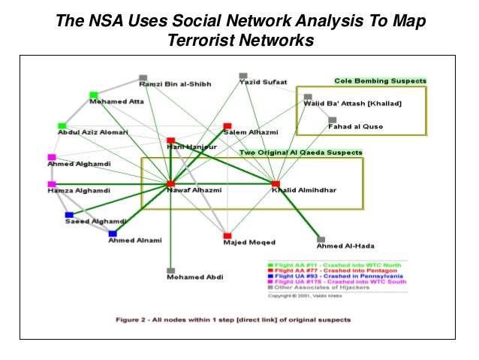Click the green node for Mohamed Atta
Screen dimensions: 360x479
(94, 95)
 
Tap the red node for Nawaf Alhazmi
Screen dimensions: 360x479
(171, 183)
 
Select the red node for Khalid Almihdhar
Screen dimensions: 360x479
(276, 183)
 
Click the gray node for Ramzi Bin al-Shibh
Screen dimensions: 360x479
(143, 77)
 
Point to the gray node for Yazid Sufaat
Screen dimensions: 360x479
(243, 76)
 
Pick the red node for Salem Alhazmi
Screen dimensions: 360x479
(227, 126)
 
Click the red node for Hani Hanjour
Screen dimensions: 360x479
(171, 141)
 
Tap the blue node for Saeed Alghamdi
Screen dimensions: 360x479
(68, 214)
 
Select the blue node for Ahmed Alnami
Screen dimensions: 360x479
(113, 234)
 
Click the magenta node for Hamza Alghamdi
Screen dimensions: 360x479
(52, 184)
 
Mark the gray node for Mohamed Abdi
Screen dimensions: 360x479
(171, 271)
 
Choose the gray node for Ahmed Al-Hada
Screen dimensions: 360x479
(321, 240)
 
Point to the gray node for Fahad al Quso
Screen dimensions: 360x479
(332, 119)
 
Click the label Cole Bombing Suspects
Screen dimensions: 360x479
(381, 81)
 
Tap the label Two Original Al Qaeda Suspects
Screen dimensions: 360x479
(300, 153)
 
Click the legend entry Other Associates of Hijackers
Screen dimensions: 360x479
(338, 288)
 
